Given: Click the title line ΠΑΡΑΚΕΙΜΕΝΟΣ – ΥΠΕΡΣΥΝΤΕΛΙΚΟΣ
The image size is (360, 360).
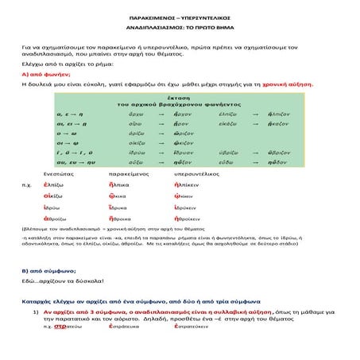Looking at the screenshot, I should point(179,16).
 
